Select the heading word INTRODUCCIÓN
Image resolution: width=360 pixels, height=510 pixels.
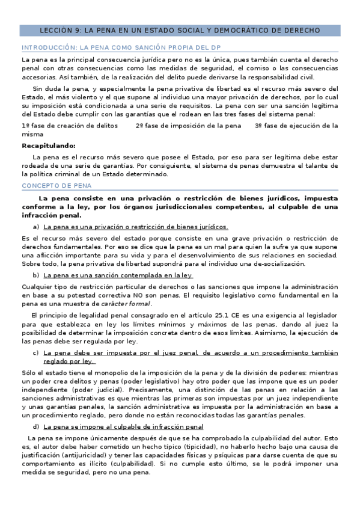pyautogui.click(x=49, y=48)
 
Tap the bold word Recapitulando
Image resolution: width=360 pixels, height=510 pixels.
pyautogui.click(x=49, y=146)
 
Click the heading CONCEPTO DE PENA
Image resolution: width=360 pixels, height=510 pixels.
pyautogui.click(x=53, y=186)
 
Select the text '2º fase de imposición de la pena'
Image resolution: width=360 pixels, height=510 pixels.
pyautogui.click(x=188, y=126)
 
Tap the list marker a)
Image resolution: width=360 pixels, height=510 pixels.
pyautogui.click(x=37, y=227)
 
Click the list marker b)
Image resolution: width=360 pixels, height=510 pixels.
pyautogui.click(x=37, y=275)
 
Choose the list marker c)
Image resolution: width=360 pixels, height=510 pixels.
pyautogui.click(x=37, y=353)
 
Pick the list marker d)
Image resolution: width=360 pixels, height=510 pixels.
pyautogui.click(x=37, y=426)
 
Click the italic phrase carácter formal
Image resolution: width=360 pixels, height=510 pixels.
pyautogui.click(x=126, y=304)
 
